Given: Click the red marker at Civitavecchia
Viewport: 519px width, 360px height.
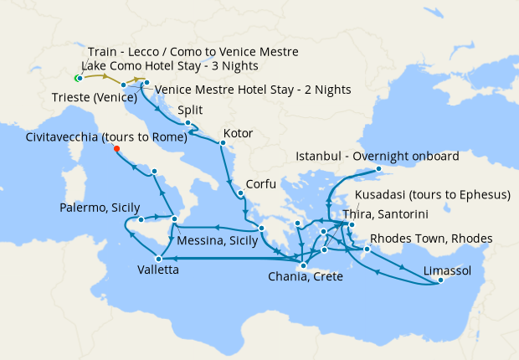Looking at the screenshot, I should click(116, 149).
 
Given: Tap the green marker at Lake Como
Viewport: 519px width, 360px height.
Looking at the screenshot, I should click(77, 79).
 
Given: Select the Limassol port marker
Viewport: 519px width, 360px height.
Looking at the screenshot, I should click(439, 282).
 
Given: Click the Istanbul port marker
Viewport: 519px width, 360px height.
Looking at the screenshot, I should click(378, 168).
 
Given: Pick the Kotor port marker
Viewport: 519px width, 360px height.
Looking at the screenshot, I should click(222, 143).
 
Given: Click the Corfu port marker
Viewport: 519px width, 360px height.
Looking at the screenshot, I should click(240, 194).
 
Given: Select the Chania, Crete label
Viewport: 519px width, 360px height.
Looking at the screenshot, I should click(305, 277).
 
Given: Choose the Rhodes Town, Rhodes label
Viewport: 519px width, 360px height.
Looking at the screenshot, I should click(431, 239).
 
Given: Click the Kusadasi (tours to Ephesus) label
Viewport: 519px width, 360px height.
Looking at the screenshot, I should click(433, 195).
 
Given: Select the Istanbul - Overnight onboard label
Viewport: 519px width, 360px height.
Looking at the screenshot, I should click(377, 157).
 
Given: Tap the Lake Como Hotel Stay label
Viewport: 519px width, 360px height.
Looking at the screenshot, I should click(170, 66).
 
